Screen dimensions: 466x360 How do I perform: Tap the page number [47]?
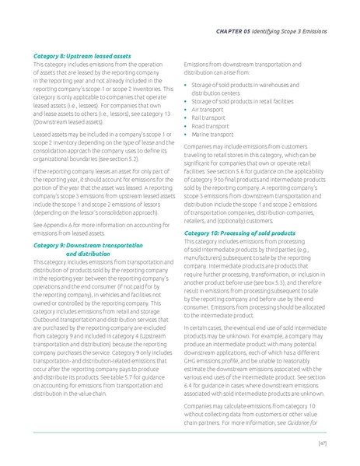point(321,443)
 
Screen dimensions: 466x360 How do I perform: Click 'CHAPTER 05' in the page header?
point(229,31)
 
